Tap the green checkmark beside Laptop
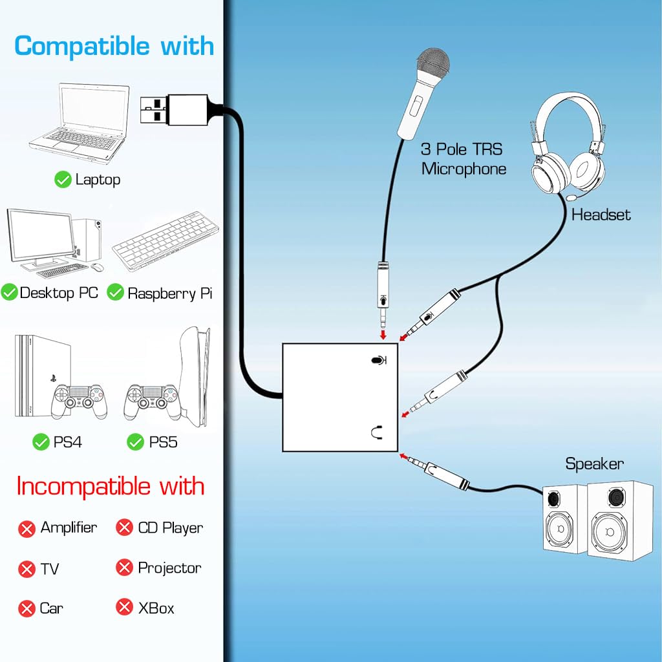63,180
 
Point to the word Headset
601,215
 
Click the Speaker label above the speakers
594,464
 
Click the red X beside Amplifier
27,529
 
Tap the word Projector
169,568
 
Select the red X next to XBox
124,608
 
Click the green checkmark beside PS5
135,442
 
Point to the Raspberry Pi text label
170,294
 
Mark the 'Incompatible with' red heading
111,486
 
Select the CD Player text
171,528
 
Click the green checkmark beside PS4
41,442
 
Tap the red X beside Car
27,609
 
